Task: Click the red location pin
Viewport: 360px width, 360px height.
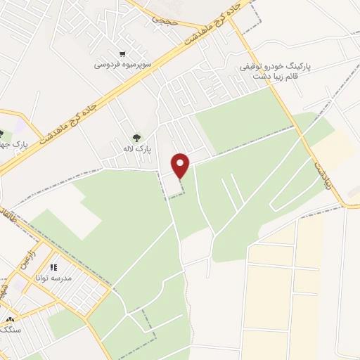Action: pos(181,165)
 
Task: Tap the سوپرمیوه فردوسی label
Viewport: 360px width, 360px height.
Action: pos(123,65)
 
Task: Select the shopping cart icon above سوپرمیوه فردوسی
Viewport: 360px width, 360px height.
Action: pos(123,53)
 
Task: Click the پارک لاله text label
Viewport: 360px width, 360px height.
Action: pos(134,149)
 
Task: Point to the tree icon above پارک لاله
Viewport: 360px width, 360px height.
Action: pos(135,138)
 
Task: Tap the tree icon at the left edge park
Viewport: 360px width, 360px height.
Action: pos(1,134)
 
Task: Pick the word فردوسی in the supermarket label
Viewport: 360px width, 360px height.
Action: pos(108,65)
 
